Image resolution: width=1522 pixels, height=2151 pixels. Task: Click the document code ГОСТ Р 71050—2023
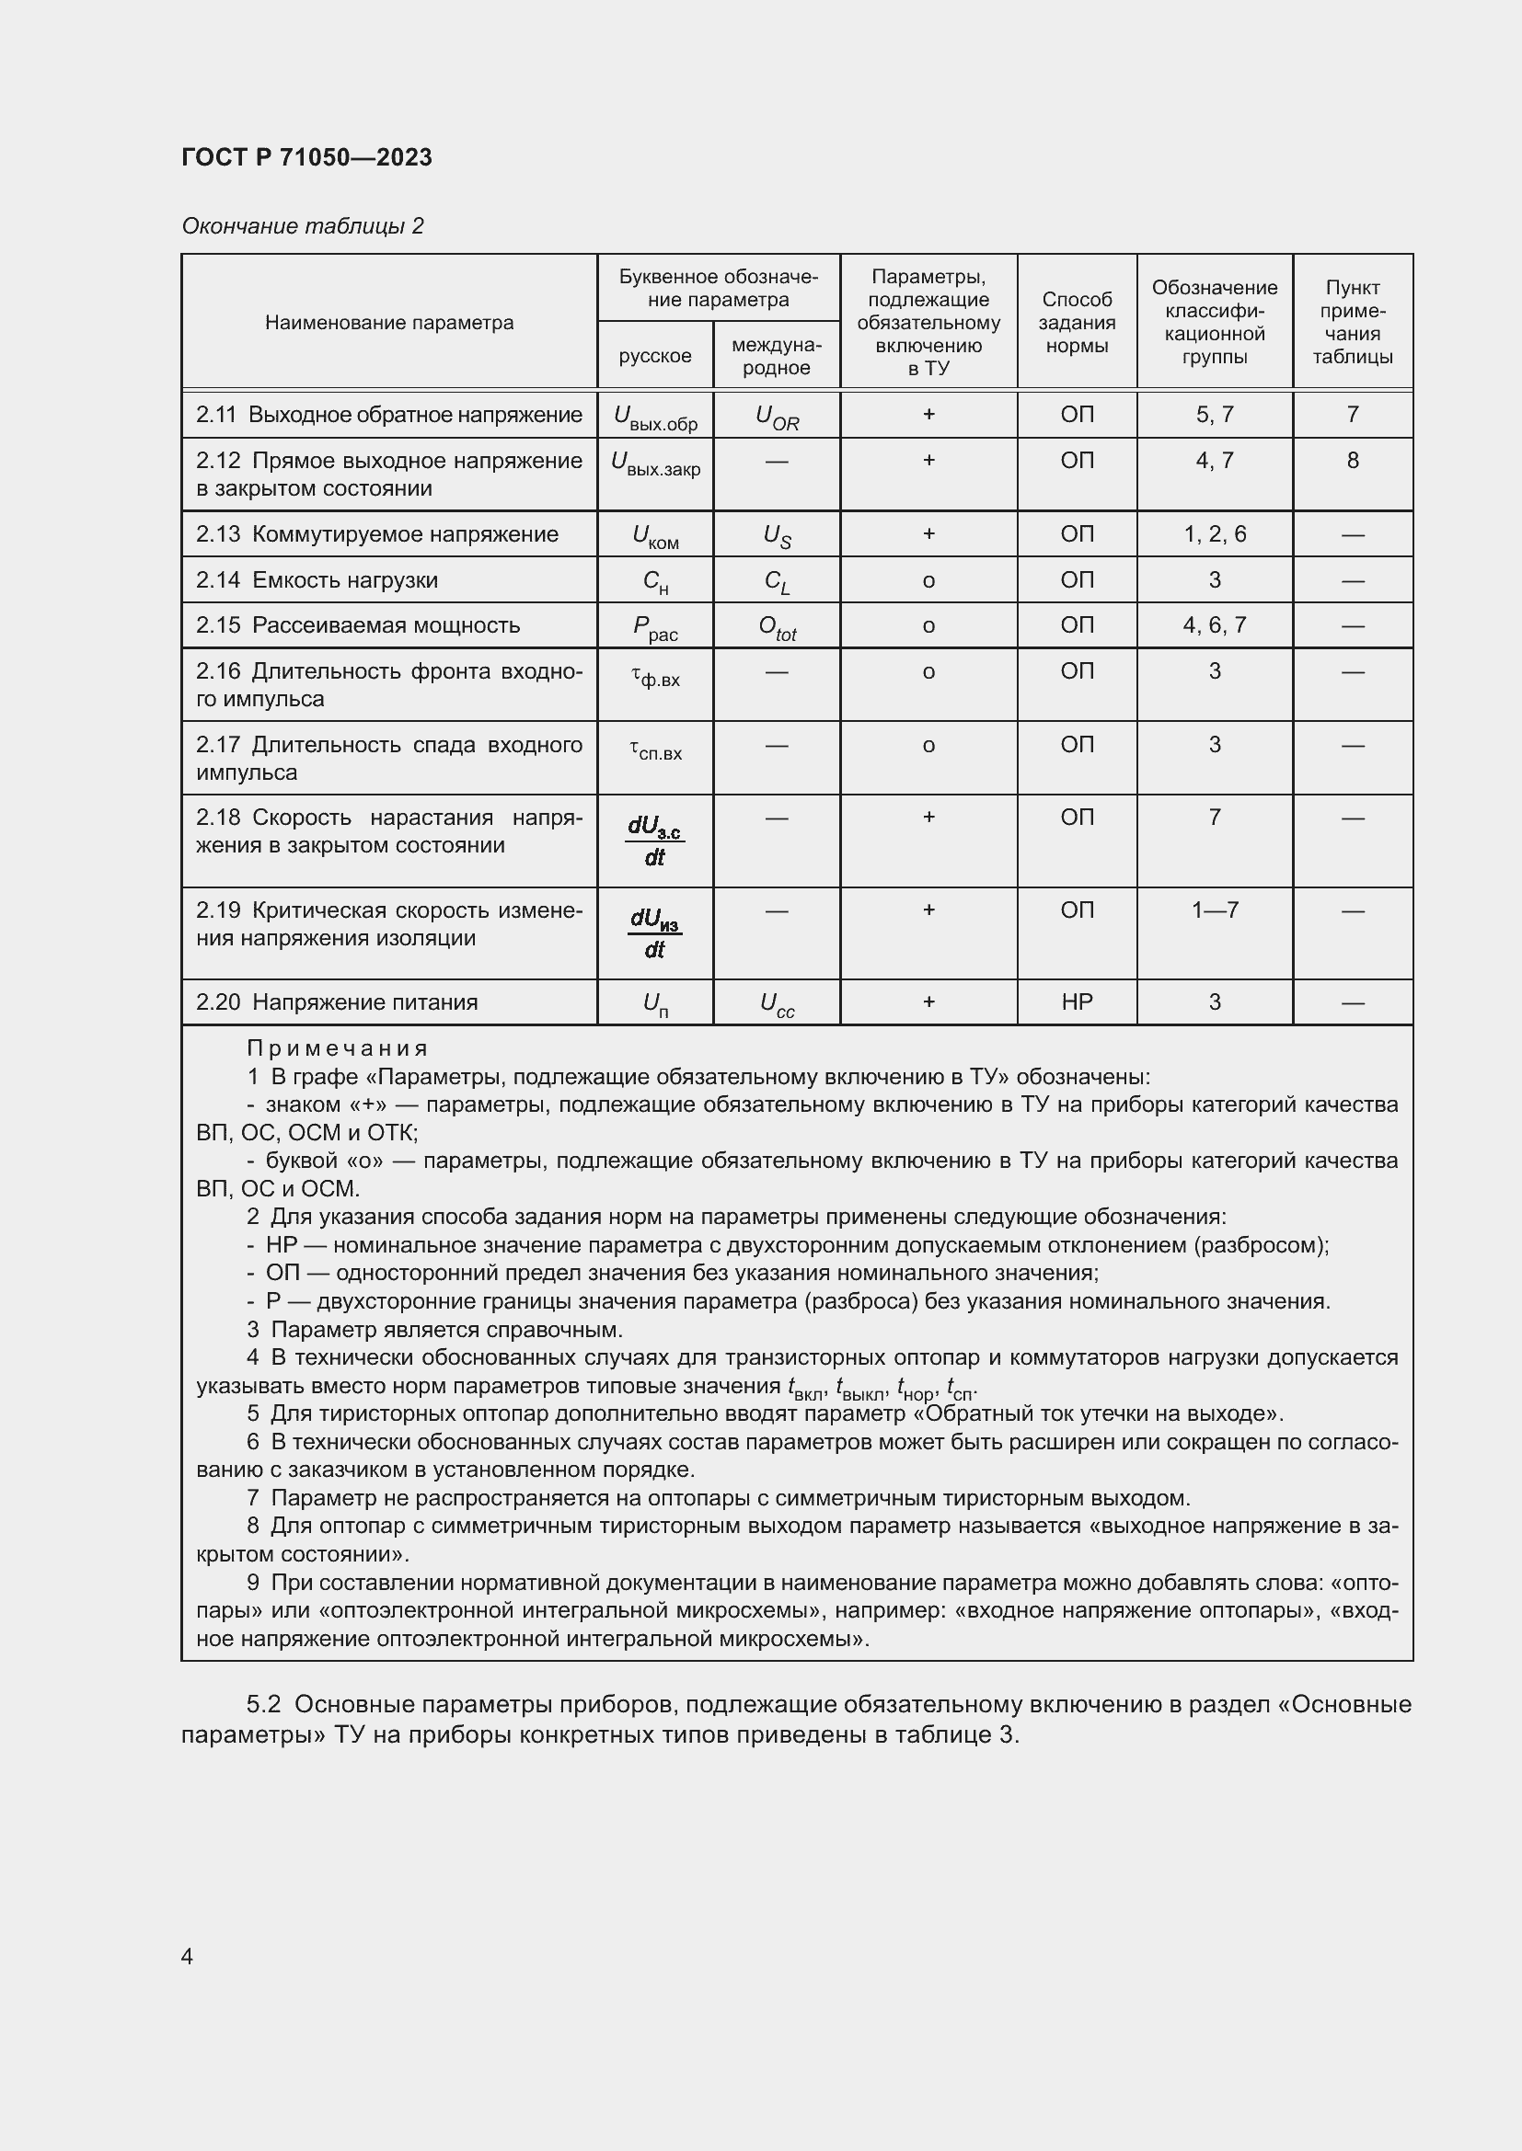[306, 157]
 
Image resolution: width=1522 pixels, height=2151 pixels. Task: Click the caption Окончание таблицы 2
[302, 226]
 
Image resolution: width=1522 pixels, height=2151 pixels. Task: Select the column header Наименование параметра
[389, 322]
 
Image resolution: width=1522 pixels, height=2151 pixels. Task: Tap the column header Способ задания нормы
[1076, 322]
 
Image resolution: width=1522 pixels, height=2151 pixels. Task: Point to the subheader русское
[654, 356]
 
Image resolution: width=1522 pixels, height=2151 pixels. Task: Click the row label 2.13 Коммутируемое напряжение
[376, 534]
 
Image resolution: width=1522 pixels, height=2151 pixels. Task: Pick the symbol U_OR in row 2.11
[776, 417]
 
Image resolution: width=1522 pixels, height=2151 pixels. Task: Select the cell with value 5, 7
[1214, 414]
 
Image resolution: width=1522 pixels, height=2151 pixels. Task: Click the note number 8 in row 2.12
[1352, 460]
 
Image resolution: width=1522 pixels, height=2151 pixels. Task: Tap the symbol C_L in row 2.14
[776, 582]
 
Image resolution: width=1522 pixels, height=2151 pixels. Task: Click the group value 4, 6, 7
[1214, 624]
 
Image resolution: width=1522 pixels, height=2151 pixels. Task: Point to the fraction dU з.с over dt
[654, 841]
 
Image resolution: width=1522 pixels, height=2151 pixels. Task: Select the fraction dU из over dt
[654, 933]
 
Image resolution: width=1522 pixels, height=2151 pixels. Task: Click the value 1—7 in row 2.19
[1214, 910]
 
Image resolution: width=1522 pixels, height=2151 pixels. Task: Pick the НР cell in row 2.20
[1076, 1001]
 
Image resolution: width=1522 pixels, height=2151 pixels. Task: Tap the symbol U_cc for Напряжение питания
[776, 1004]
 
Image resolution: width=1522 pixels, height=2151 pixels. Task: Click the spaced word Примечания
[338, 1048]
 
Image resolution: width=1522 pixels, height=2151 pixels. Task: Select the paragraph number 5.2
[263, 1704]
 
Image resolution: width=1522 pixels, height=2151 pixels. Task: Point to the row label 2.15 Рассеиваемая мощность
[357, 624]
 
